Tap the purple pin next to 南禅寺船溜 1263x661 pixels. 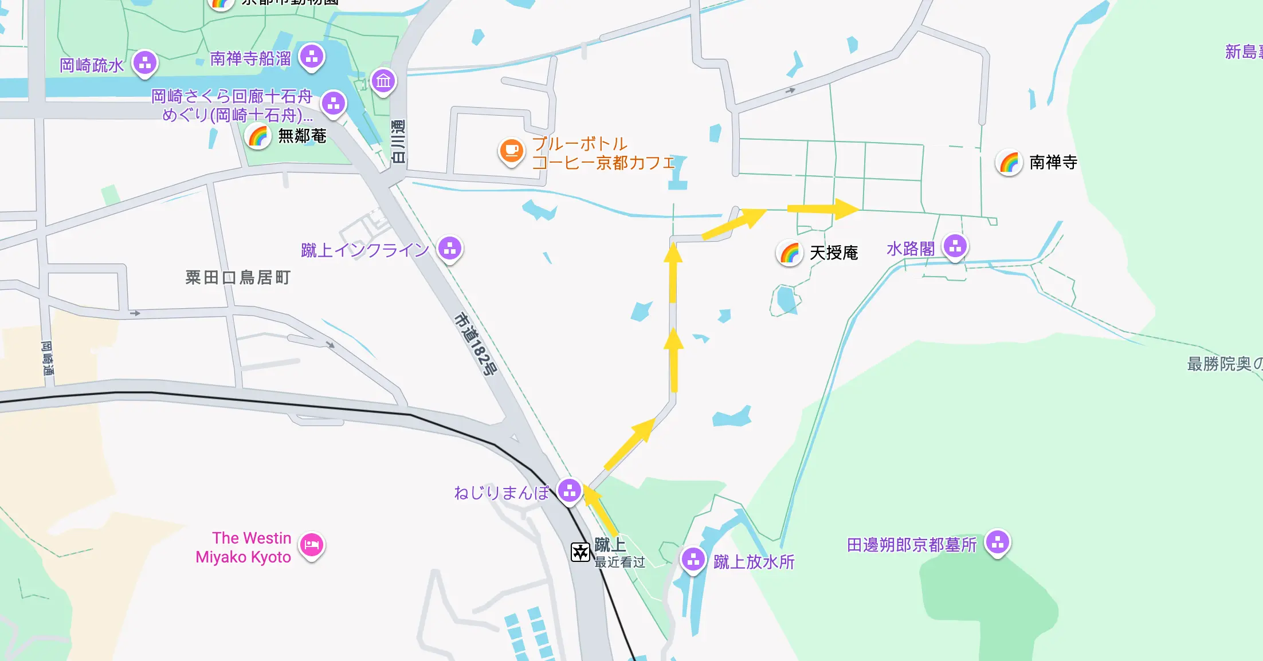(x=312, y=56)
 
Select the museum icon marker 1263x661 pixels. (x=383, y=81)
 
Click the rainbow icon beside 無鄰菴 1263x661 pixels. (x=258, y=136)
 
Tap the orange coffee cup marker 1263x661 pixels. (x=511, y=151)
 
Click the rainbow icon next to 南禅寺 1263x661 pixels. (x=1009, y=163)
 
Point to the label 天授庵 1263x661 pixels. (x=833, y=253)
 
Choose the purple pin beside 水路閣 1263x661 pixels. (x=955, y=247)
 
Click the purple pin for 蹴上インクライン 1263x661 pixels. (x=450, y=249)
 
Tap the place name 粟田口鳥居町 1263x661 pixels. (x=238, y=278)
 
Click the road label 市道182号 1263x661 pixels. (x=475, y=344)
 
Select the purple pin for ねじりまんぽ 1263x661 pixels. (x=570, y=490)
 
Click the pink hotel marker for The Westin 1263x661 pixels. (x=312, y=544)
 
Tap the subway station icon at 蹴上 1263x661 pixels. (x=580, y=552)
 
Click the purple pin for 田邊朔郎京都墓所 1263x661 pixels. (x=998, y=542)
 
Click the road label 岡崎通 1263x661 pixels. (x=47, y=358)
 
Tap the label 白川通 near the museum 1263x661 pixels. (x=398, y=141)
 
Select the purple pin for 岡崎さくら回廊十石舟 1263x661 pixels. (x=334, y=104)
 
